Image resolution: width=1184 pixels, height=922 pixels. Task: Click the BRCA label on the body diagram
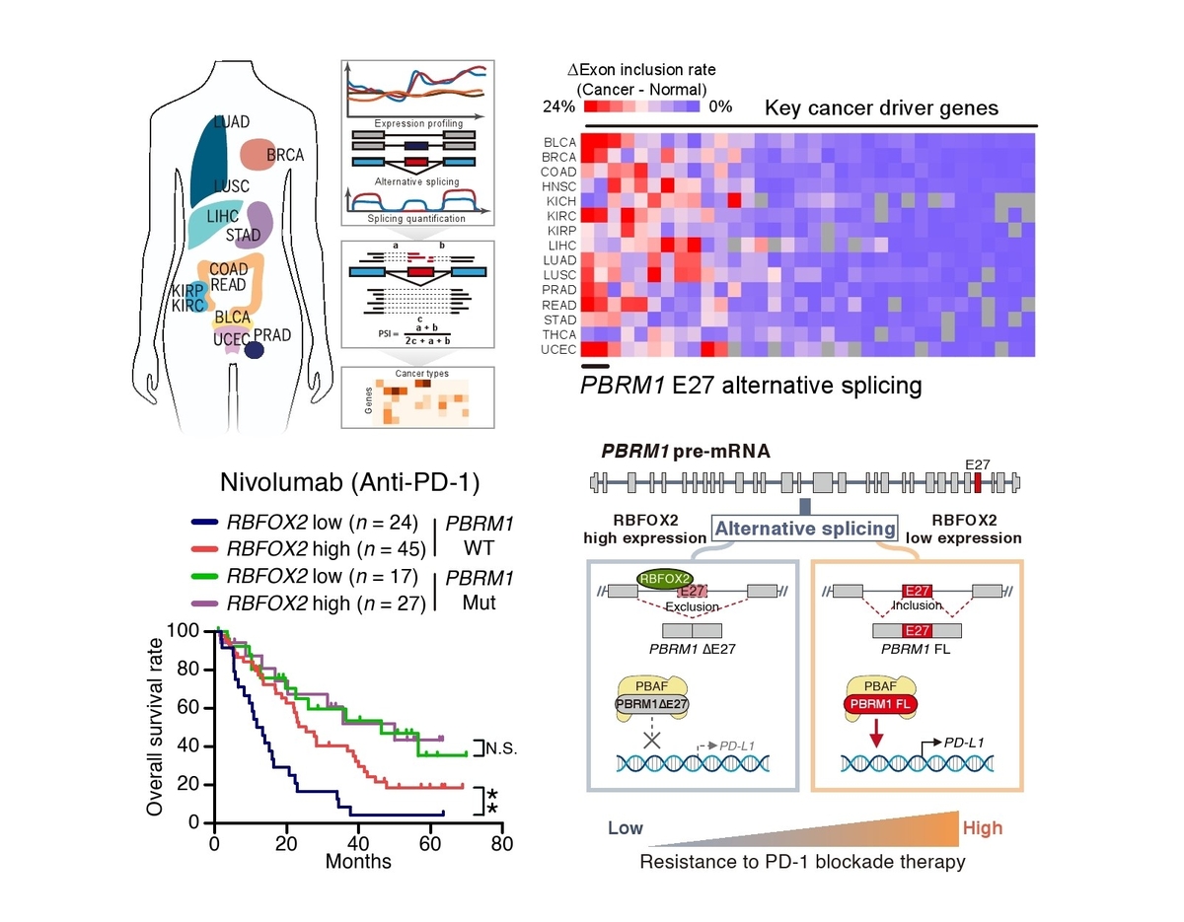pyautogui.click(x=285, y=155)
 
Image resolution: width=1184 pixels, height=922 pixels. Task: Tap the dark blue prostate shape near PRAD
pyautogui.click(x=255, y=349)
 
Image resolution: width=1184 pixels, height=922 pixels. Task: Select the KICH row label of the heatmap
pyautogui.click(x=559, y=200)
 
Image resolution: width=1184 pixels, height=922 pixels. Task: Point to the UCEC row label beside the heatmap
pyautogui.click(x=558, y=349)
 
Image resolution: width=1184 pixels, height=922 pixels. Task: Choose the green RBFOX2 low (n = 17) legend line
pyautogui.click(x=206, y=575)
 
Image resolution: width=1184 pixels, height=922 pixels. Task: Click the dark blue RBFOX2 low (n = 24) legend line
pyautogui.click(x=206, y=523)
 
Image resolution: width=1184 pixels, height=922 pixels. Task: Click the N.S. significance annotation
pyautogui.click(x=501, y=748)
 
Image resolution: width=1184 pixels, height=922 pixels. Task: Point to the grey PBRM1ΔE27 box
pyautogui.click(x=652, y=704)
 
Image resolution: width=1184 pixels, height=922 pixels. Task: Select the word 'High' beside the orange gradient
pyautogui.click(x=983, y=828)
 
